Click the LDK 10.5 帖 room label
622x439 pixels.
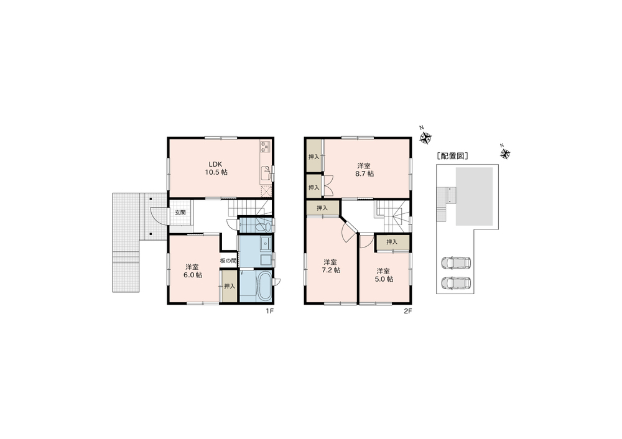pyautogui.click(x=216, y=168)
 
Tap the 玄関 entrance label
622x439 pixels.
pyautogui.click(x=180, y=213)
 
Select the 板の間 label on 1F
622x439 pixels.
pyautogui.click(x=228, y=261)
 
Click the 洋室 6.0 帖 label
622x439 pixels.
pyautogui.click(x=193, y=271)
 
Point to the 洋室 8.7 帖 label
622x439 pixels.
pyautogui.click(x=364, y=170)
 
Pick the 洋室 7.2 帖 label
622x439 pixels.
pyautogui.click(x=331, y=266)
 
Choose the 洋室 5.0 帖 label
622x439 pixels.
pyautogui.click(x=384, y=275)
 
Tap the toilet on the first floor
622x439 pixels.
pyautogui.click(x=263, y=227)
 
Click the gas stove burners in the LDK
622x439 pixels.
pyautogui.click(x=265, y=147)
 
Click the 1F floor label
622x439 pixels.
pyautogui.click(x=270, y=312)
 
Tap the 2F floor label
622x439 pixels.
pyautogui.click(x=408, y=312)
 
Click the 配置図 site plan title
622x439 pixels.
pyautogui.click(x=452, y=156)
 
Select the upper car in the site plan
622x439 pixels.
pyautogui.click(x=456, y=262)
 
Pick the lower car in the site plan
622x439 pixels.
pyautogui.click(x=456, y=282)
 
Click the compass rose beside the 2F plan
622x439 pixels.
pyautogui.click(x=425, y=138)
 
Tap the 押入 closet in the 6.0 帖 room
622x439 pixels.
pyautogui.click(x=230, y=286)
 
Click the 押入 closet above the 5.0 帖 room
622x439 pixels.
pyautogui.click(x=392, y=242)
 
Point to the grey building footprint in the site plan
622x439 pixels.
pyautogui.click(x=475, y=196)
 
